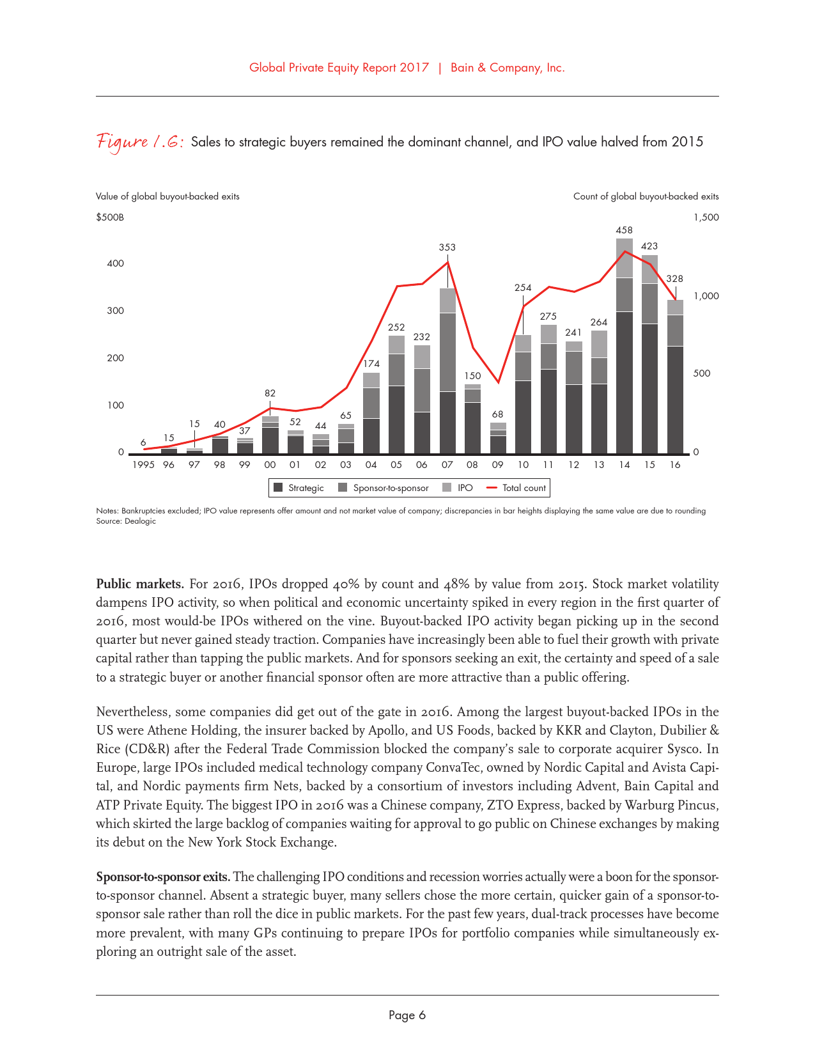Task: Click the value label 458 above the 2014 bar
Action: [624, 230]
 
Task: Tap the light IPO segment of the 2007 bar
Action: [447, 301]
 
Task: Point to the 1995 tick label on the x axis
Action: [143, 465]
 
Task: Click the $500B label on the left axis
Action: [110, 217]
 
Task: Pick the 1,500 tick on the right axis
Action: [706, 217]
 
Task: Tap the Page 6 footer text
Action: [407, 1015]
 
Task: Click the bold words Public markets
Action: [140, 584]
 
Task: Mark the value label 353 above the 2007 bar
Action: [447, 247]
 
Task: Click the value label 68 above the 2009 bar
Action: [498, 415]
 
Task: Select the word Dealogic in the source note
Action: [140, 521]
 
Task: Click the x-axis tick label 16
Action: [675, 465]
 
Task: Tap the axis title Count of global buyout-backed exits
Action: [646, 196]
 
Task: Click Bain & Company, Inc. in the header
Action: [508, 68]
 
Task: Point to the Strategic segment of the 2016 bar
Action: [675, 400]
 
